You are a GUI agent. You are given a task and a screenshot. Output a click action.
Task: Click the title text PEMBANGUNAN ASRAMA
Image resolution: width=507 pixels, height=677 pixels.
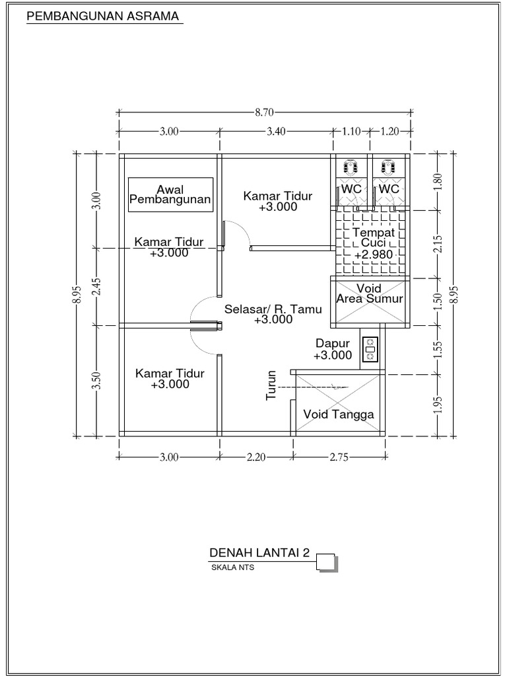tap(103, 17)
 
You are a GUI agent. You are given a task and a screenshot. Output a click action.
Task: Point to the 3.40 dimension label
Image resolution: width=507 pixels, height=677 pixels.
tap(275, 132)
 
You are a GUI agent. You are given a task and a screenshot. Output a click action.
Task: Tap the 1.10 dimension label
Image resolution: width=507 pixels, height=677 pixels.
tap(351, 132)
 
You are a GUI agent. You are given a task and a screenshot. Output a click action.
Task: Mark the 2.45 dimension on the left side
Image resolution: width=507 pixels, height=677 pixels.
tap(96, 287)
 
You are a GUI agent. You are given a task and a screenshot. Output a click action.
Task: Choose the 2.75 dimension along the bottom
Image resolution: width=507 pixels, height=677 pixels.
tap(338, 456)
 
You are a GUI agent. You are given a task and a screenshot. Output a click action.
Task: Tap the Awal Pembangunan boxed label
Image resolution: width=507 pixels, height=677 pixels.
tap(170, 194)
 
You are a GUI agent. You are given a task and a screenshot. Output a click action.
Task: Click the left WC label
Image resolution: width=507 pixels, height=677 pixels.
tap(351, 189)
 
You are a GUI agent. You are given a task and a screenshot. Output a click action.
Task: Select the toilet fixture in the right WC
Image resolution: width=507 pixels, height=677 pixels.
tap(389, 166)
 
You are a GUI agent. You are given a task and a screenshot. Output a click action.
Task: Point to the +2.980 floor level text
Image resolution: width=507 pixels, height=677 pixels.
tap(374, 255)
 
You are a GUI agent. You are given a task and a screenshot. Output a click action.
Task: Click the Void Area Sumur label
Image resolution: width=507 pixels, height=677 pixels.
tap(369, 294)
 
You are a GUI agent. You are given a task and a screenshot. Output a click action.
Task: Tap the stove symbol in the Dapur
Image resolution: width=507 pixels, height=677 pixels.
tap(370, 348)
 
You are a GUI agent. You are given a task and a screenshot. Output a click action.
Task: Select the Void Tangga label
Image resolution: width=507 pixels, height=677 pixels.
tap(339, 415)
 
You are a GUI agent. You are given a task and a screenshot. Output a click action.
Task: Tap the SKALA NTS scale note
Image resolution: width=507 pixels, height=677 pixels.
tap(232, 567)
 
